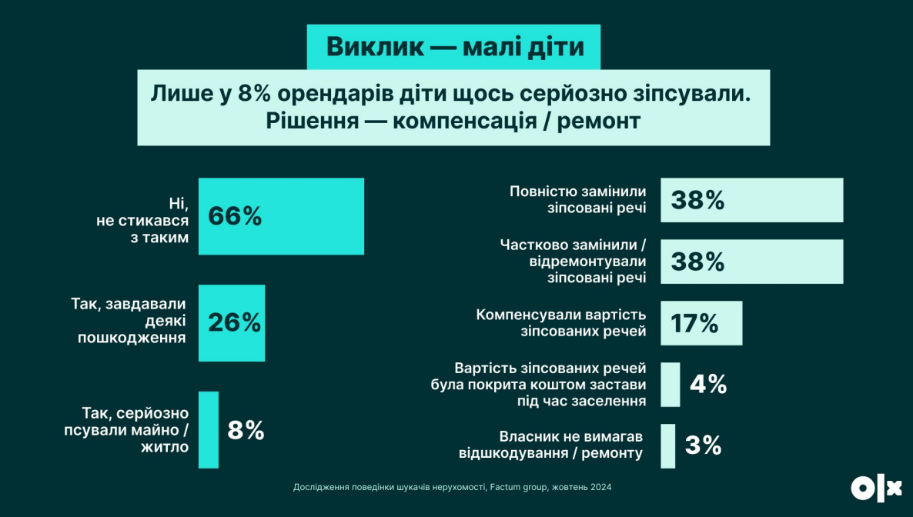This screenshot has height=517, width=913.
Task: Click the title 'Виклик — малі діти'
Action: [454, 46]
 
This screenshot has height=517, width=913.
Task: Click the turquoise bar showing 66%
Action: [281, 216]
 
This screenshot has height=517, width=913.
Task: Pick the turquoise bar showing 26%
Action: [231, 322]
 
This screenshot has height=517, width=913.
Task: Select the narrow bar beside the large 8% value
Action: [208, 429]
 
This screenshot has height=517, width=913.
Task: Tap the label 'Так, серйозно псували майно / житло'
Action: [126, 429]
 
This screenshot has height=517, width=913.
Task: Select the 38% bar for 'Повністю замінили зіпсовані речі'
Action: [751, 200]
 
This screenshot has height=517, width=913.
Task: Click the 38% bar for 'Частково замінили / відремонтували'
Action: [751, 262]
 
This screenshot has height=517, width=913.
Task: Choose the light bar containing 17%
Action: [701, 323]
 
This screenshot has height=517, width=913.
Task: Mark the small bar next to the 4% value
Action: [670, 384]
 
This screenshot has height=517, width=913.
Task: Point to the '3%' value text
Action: [702, 445]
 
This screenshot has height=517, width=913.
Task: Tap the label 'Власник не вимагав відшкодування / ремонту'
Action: [550, 445]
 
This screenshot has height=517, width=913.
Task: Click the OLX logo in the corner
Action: [875, 488]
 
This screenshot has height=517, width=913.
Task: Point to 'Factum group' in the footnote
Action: [518, 488]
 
